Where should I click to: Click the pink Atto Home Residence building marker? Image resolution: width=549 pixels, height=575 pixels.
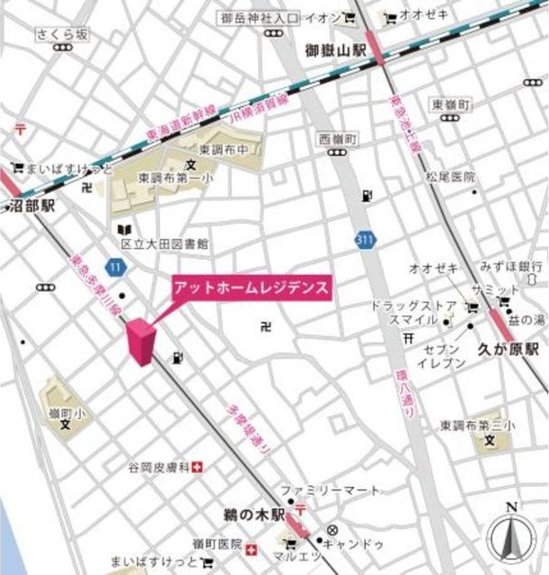pos(140,341)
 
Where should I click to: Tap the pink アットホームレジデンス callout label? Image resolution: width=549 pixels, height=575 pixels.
pos(252,288)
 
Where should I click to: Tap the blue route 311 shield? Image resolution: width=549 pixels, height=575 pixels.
pos(365,239)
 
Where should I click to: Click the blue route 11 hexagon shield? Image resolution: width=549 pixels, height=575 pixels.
pos(113,267)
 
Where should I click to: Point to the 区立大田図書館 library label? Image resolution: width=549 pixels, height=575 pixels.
pos(164,243)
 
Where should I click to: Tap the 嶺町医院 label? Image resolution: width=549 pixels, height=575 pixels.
pos(217,544)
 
